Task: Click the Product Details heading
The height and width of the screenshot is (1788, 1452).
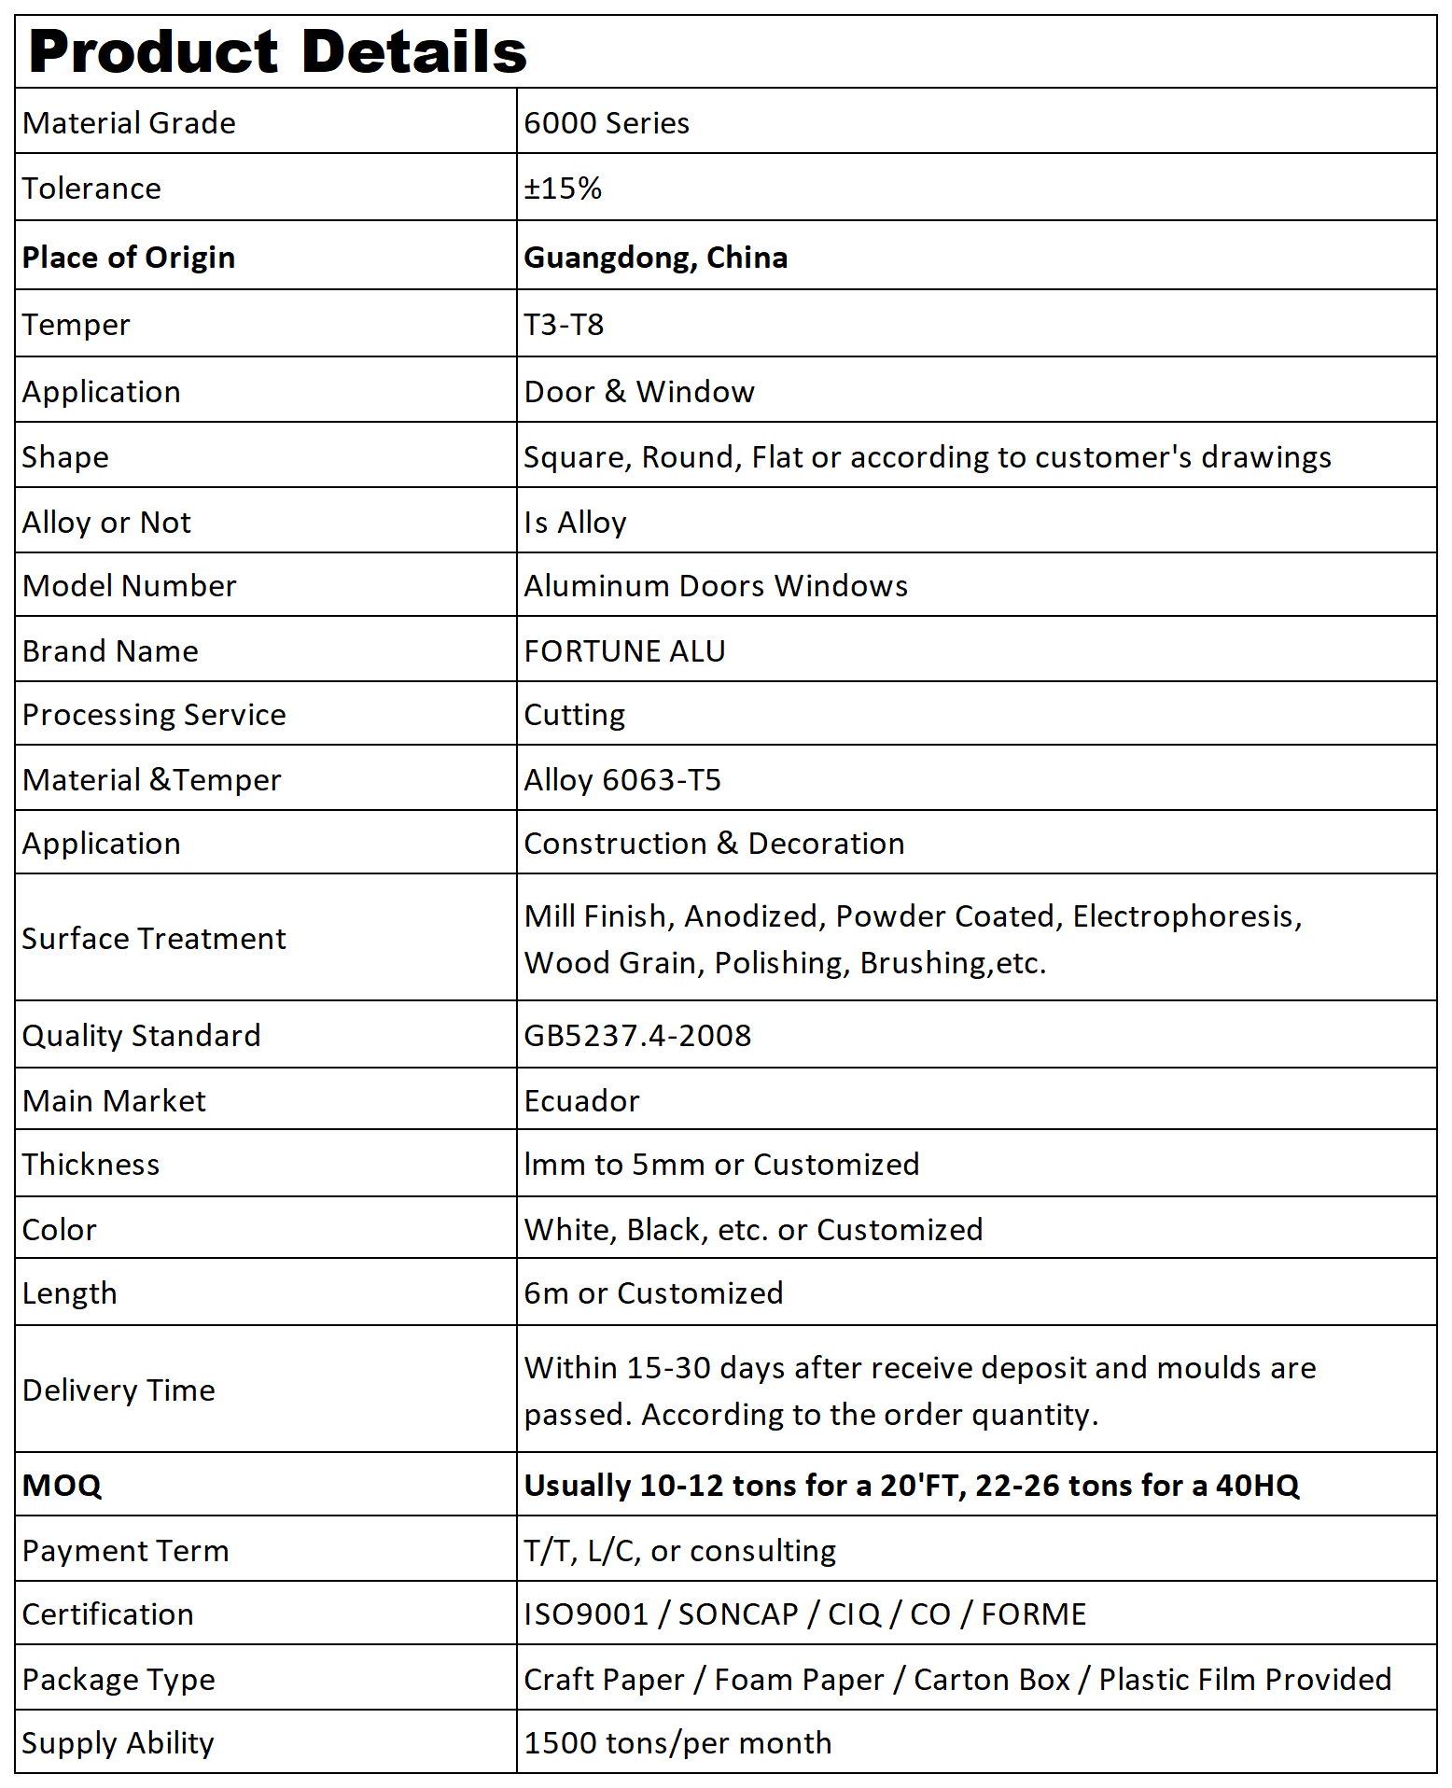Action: (277, 51)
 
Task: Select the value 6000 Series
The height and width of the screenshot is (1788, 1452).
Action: (607, 123)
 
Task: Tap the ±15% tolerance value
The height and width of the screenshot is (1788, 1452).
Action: (563, 189)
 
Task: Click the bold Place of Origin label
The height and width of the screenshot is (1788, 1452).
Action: (129, 258)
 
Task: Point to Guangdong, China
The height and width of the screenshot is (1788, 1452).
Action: (655, 258)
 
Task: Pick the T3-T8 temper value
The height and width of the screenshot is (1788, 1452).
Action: (564, 325)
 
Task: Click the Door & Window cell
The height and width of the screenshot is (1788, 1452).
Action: (639, 392)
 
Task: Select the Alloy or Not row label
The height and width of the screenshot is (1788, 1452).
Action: (106, 523)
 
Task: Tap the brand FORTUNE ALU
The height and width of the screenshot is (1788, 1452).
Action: (624, 651)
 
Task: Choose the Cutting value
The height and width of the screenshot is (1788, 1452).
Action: (574, 715)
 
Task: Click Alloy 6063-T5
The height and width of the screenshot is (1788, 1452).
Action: (622, 780)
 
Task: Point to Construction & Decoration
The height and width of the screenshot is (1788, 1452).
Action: (714, 844)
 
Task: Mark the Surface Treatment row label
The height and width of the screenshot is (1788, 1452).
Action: (154, 939)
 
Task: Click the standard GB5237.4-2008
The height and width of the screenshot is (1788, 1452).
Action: (637, 1036)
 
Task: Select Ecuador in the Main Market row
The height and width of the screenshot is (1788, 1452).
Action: (581, 1101)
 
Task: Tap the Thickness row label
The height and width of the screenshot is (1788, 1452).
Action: (91, 1165)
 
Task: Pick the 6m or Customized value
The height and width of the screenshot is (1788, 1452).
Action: (653, 1293)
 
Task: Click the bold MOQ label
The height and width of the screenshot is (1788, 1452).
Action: (62, 1486)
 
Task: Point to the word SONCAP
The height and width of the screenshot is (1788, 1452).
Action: (737, 1614)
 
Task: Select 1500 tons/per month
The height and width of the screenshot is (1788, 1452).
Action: (677, 1743)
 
